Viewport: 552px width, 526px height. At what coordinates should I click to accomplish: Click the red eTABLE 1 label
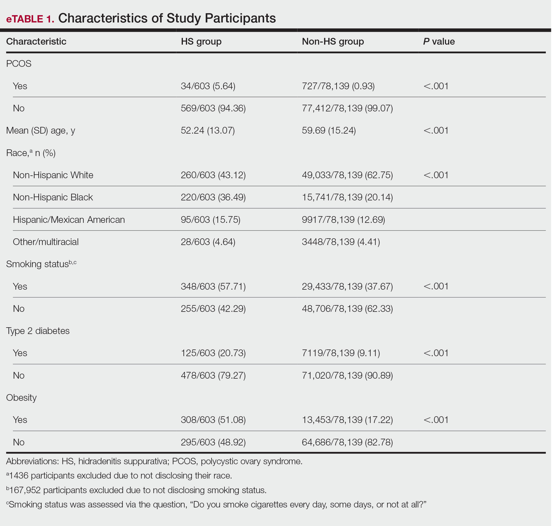point(30,19)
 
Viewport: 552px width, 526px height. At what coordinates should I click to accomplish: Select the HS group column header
point(201,42)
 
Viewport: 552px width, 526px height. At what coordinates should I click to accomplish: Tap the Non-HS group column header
point(333,42)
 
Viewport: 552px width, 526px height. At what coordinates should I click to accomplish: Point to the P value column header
point(439,42)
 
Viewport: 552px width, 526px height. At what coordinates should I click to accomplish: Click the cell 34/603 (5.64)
point(208,86)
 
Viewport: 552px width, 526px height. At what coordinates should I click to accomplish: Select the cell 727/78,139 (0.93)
point(338,86)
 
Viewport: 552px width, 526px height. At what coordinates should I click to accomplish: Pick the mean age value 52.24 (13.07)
point(208,131)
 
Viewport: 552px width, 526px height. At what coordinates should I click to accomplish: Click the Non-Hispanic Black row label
point(53,197)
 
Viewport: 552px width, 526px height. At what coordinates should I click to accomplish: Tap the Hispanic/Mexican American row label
point(69,219)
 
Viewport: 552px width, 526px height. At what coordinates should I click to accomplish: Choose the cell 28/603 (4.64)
point(208,242)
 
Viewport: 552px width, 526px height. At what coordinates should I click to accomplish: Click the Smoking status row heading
point(41,264)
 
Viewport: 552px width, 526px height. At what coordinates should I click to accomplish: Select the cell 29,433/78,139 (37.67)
point(347,286)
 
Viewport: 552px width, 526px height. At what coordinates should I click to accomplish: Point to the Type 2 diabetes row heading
point(38,331)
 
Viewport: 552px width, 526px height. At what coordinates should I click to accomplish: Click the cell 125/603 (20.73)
point(213,353)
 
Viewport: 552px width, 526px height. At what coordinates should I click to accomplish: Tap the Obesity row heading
point(21,398)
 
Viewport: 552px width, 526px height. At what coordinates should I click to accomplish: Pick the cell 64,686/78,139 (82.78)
point(347,442)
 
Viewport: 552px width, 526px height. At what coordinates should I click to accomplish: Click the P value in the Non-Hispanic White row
point(436,175)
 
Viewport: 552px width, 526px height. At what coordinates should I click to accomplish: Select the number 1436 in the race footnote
point(19,475)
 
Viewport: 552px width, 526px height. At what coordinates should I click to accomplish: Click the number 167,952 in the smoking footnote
point(25,490)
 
